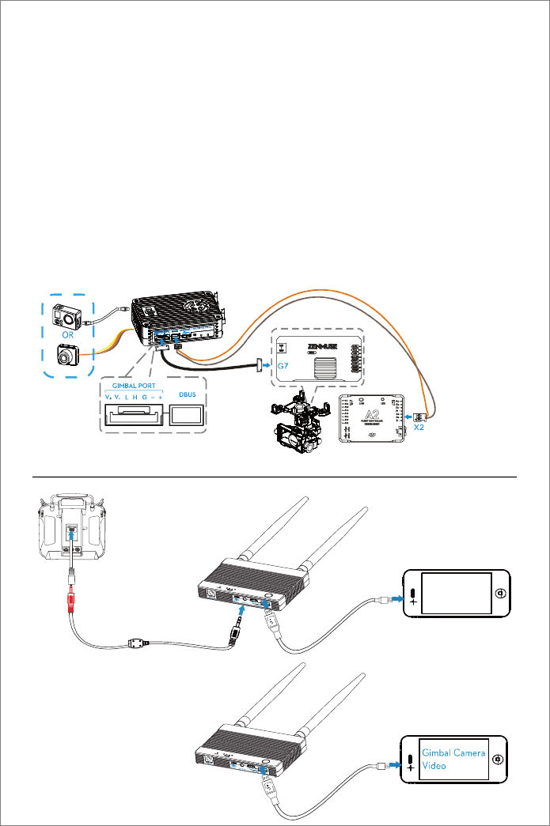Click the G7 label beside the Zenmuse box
283,366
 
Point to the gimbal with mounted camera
298,427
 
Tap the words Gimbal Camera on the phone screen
453,753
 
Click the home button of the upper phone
499,593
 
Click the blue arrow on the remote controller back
72,536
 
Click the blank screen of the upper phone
454,593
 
